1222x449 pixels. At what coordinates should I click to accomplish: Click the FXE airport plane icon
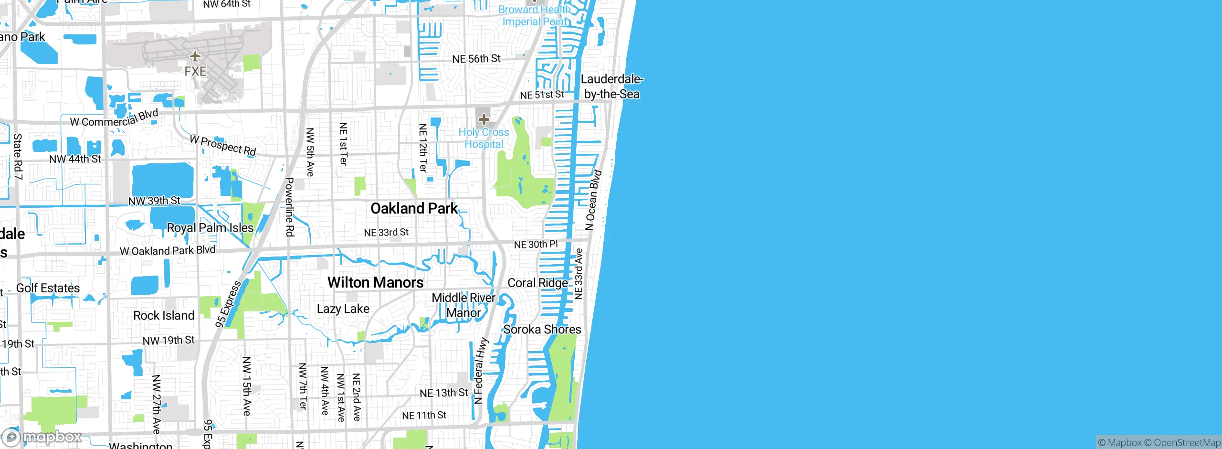pyautogui.click(x=195, y=57)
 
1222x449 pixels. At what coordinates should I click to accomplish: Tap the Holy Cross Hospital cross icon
pyautogui.click(x=484, y=119)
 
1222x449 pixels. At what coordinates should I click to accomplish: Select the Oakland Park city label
pyautogui.click(x=414, y=208)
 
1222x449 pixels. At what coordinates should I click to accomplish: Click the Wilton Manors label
pyautogui.click(x=375, y=282)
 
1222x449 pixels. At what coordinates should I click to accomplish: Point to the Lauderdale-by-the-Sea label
pyautogui.click(x=611, y=86)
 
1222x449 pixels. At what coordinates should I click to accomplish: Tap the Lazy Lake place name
pyautogui.click(x=343, y=309)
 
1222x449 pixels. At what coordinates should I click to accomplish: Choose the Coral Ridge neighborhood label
pyautogui.click(x=537, y=283)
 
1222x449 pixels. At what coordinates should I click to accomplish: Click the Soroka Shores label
pyautogui.click(x=542, y=329)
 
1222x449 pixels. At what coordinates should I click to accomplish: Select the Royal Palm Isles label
pyautogui.click(x=210, y=228)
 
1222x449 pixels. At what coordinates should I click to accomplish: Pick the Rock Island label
pyautogui.click(x=164, y=315)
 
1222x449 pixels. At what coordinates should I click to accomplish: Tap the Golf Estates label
pyautogui.click(x=48, y=288)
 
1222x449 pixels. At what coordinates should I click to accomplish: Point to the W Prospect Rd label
pyautogui.click(x=223, y=145)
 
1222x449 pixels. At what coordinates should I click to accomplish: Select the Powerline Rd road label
pyautogui.click(x=290, y=207)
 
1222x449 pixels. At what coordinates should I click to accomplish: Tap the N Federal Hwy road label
pyautogui.click(x=480, y=370)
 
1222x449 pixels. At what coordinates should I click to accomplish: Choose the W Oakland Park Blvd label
pyautogui.click(x=168, y=250)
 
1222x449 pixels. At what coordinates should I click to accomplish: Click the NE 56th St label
pyautogui.click(x=476, y=59)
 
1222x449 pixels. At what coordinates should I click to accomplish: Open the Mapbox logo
pyautogui.click(x=42, y=437)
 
